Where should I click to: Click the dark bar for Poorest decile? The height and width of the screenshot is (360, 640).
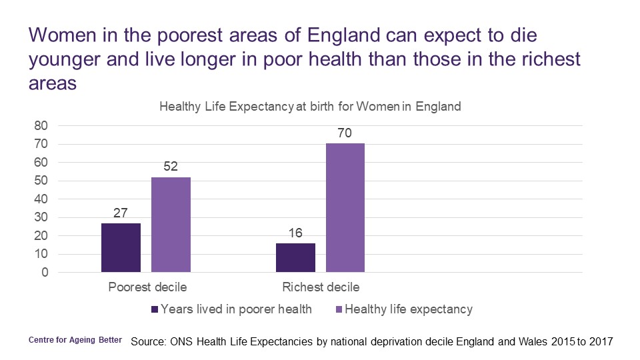tap(121, 247)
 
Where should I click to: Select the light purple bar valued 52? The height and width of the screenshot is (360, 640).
tap(171, 225)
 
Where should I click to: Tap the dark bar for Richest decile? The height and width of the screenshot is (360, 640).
tap(295, 257)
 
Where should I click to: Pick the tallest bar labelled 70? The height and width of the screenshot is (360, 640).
tap(345, 208)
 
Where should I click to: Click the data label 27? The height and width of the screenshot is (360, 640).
tap(121, 213)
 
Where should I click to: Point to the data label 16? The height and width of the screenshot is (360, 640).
tap(295, 233)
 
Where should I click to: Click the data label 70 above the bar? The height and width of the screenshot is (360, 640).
tap(345, 133)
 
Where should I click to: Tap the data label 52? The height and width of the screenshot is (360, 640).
tap(171, 167)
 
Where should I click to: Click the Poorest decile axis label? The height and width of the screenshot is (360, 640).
tap(147, 288)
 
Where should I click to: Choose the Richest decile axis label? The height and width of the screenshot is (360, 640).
tap(321, 288)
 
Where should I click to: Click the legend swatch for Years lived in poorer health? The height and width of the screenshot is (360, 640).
tap(155, 309)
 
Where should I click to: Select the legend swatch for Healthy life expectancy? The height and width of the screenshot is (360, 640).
tap(339, 309)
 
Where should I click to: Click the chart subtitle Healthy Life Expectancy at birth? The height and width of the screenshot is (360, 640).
tap(309, 107)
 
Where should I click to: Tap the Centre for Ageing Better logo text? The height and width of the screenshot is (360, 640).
tap(75, 340)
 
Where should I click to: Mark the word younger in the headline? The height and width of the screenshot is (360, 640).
tap(66, 60)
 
